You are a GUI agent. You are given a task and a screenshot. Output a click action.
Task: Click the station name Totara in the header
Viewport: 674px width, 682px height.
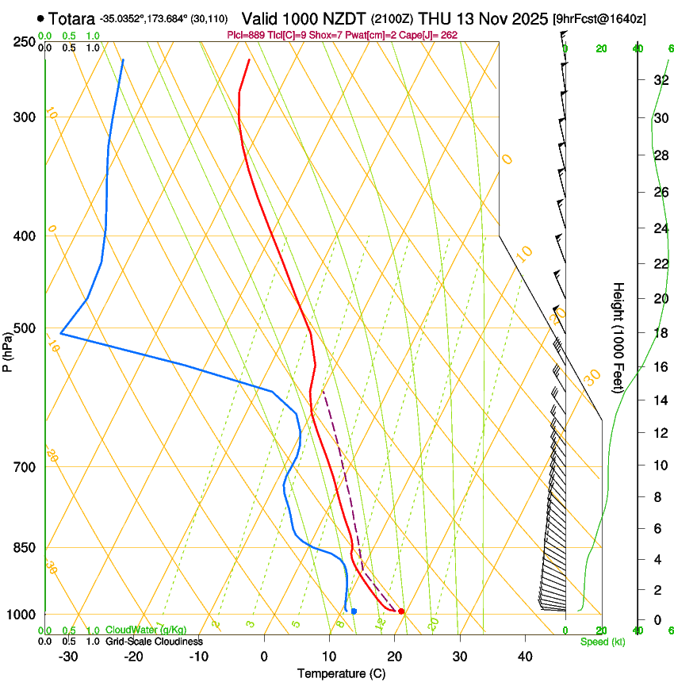(x=73, y=18)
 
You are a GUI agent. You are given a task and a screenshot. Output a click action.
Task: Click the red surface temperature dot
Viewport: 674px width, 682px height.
(x=401, y=611)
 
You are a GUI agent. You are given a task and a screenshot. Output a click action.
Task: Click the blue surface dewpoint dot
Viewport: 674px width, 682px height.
(x=354, y=611)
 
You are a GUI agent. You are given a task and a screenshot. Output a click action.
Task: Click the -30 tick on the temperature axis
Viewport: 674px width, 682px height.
(x=68, y=656)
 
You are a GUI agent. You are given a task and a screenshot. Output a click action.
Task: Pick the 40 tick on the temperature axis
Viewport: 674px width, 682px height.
(x=525, y=656)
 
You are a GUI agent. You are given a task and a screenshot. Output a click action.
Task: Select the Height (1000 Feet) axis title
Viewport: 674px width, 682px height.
(x=619, y=337)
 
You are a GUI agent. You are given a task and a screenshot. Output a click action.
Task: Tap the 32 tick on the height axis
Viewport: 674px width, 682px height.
(x=661, y=80)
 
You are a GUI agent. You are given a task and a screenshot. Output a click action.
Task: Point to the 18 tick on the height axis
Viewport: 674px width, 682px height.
(x=661, y=333)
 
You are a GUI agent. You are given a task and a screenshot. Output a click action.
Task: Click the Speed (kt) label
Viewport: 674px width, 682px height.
(x=602, y=642)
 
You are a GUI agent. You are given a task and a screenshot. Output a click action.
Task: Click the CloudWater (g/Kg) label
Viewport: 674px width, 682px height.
(x=146, y=630)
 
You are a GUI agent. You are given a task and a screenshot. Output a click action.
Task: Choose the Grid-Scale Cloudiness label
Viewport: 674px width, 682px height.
(x=154, y=641)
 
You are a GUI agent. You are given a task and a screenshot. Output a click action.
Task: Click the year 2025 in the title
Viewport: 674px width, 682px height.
(x=526, y=18)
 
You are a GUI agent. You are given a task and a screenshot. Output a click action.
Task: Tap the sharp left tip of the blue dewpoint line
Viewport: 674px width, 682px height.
(x=61, y=334)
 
